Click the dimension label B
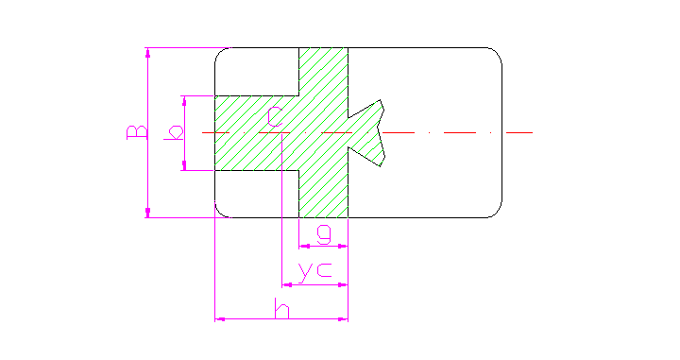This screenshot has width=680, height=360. point(137,130)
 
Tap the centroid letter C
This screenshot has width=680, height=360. point(274,117)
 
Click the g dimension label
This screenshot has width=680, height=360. point(323,232)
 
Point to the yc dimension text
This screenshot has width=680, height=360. point(314,271)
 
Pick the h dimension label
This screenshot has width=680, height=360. point(280,308)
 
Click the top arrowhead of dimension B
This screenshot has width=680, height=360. point(148,51)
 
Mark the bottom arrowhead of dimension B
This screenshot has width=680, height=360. point(148,214)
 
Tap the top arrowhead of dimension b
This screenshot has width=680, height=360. point(185,99)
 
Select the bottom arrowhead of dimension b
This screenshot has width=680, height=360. point(185,166)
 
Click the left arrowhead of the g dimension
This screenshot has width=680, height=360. point(302,247)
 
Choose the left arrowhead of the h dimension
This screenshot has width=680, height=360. point(220,319)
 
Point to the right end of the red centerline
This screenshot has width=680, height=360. point(533,132)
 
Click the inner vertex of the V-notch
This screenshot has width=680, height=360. point(350,132)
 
